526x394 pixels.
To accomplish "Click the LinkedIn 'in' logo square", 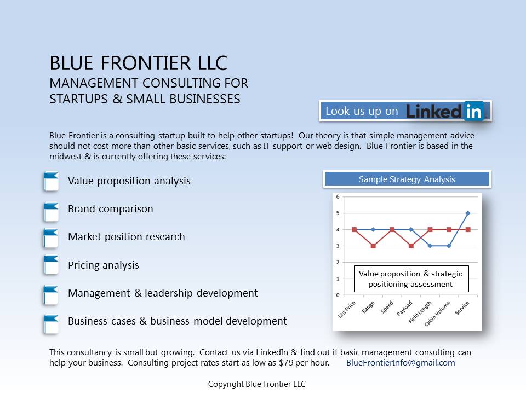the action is coord(474,111).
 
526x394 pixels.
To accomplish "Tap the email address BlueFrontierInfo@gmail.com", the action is coord(401,363).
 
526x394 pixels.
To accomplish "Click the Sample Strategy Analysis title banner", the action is coord(407,179).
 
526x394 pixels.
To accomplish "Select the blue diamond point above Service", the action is coord(468,213).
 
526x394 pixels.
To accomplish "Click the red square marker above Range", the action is coord(373,246).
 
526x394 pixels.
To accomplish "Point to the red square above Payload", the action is coord(411,246).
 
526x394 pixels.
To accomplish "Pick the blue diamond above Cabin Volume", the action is coord(449,246).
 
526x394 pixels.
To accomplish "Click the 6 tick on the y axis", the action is coord(338,196).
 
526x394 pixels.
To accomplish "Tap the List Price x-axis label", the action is coord(346,309).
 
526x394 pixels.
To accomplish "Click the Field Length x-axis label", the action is coord(420,312).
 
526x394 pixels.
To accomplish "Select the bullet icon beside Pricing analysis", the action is coord(51,265).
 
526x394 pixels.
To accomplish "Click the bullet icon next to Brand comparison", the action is coord(51,212).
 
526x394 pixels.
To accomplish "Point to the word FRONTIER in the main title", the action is coord(146,63).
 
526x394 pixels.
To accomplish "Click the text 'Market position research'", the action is coord(127,237).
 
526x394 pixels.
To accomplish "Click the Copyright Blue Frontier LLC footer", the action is coord(256,384).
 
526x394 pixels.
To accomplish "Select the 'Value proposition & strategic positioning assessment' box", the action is coord(411,279).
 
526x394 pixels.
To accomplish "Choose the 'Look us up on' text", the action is coord(362,111).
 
